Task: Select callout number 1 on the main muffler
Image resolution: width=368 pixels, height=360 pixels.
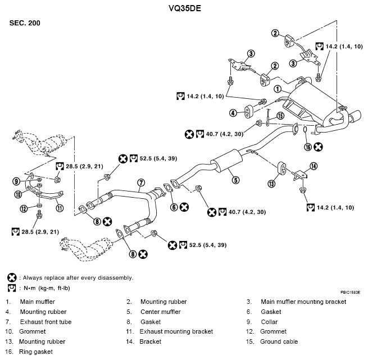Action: [278, 89]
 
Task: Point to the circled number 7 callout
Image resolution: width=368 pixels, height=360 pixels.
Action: [142, 183]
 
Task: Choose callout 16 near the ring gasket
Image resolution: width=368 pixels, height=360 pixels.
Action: [307, 147]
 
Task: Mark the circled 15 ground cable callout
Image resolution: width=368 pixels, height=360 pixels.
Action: [280, 116]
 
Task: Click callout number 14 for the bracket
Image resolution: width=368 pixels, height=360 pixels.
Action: [314, 166]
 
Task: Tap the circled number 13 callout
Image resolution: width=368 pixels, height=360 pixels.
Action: [271, 183]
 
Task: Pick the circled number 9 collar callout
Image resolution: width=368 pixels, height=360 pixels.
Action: [17, 181]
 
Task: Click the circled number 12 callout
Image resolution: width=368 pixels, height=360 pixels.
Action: [24, 209]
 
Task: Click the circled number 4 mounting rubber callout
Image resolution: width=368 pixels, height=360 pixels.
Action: [233, 113]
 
